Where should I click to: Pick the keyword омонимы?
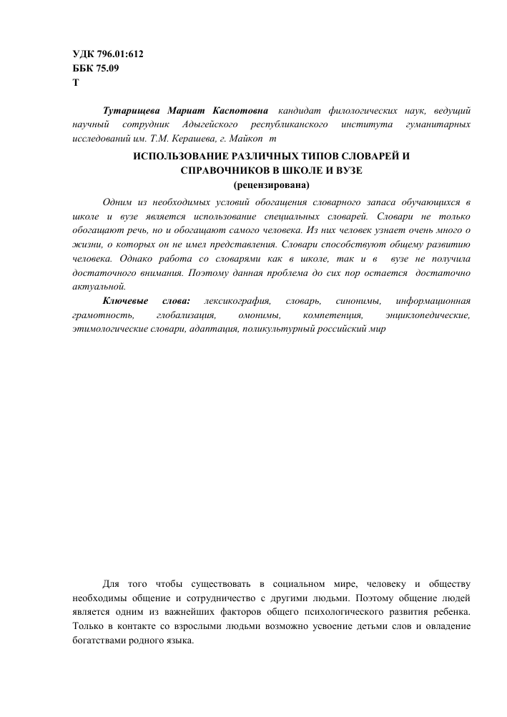pos(260,315)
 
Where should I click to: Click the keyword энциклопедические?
pos(428,315)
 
